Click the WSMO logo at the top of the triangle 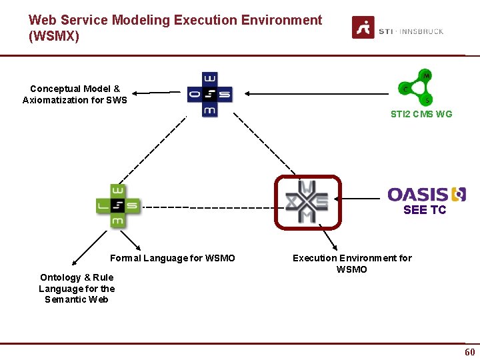[209, 94]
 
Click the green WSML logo [117, 206]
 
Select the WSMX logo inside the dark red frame [307, 202]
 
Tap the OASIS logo [426, 194]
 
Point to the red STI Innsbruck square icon [363, 27]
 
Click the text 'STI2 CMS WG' [421, 114]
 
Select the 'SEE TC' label [424, 210]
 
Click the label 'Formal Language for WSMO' [172, 258]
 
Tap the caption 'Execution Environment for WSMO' [352, 263]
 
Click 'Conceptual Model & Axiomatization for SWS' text [75, 94]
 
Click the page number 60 [469, 352]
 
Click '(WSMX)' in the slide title [54, 37]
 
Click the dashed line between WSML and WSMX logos [207, 207]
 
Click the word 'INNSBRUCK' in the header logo [421, 31]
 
